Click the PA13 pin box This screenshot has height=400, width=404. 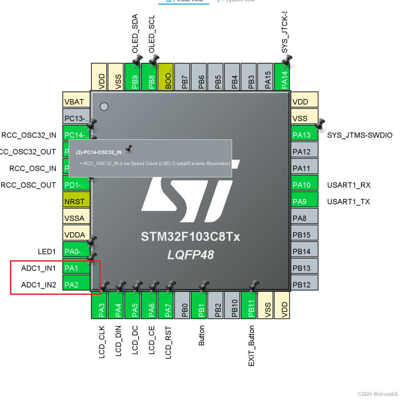click(x=305, y=135)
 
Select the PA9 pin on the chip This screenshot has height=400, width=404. click(x=305, y=201)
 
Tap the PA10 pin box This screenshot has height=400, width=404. click(x=305, y=185)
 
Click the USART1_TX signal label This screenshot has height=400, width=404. click(x=348, y=202)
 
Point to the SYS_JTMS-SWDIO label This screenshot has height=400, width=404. click(x=360, y=135)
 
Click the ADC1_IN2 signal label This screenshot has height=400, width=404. click(x=38, y=285)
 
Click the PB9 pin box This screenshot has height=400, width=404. click(x=135, y=77)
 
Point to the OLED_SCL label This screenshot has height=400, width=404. click(x=152, y=34)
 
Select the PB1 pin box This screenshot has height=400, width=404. click(x=201, y=305)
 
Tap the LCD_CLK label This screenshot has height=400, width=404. click(x=102, y=342)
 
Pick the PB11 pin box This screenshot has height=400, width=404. click(x=251, y=305)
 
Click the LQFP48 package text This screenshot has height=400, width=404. click(x=190, y=254)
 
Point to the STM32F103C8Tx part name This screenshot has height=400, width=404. click(x=190, y=237)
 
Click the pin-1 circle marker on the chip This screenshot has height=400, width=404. click(x=104, y=106)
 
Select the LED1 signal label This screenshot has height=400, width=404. click(x=47, y=252)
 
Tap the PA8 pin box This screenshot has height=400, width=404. click(x=305, y=218)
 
